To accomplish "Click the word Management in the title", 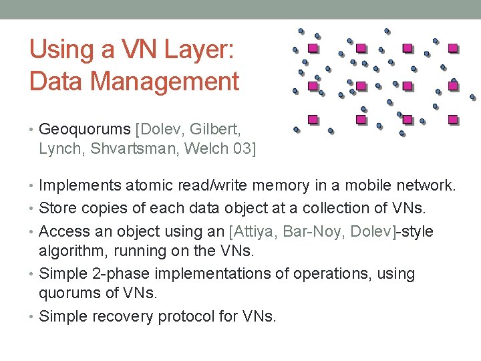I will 164,81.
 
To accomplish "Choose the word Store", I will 56,208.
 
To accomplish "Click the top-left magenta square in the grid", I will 313,49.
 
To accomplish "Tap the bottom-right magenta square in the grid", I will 452,119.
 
